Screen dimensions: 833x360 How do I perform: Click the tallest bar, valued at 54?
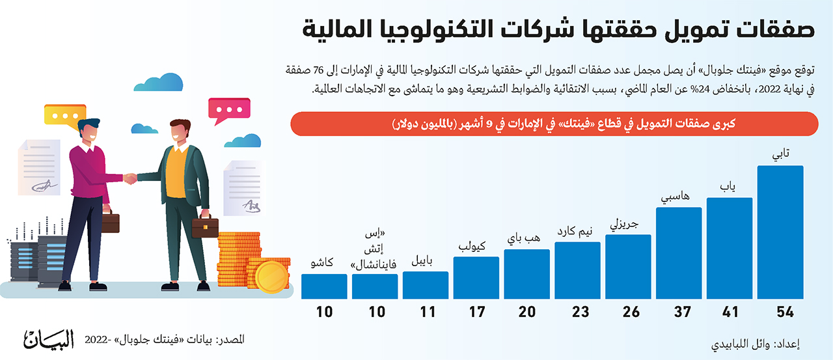coord(780,232)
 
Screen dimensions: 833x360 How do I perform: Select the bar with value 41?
coord(730,248)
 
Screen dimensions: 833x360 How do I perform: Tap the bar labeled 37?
coord(679,253)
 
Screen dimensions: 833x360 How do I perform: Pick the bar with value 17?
coord(476,278)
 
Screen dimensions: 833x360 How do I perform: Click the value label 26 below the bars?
coord(631,312)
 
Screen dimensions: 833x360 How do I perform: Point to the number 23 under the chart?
coord(580,312)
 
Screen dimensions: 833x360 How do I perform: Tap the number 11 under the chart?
coord(428,312)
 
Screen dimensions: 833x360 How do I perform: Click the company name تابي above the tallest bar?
coord(780,154)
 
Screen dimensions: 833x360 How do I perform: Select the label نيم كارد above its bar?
coord(575,231)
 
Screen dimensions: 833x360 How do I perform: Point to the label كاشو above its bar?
coord(322,262)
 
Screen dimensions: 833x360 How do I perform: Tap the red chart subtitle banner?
coord(554,124)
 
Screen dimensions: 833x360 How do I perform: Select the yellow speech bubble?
coord(64,116)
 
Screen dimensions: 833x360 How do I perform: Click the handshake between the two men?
coord(130,178)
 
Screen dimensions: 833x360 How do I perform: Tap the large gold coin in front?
coord(271,277)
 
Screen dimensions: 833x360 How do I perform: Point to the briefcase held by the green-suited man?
coord(205,227)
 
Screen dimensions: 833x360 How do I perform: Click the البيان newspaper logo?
coord(49,339)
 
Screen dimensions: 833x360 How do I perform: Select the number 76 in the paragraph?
coord(318,70)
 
